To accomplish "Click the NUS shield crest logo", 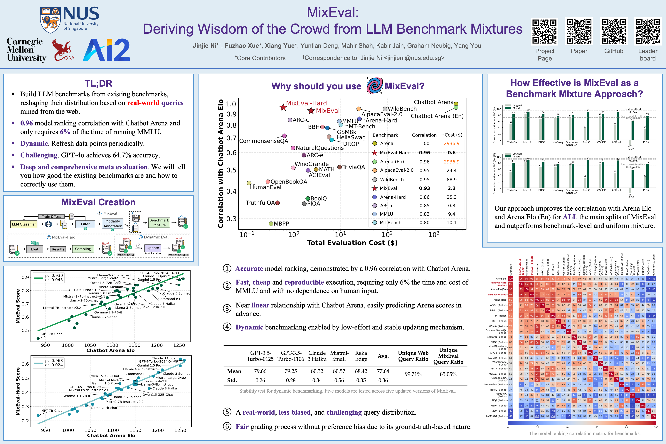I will tap(50, 20).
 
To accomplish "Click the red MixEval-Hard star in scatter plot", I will tap(283, 107).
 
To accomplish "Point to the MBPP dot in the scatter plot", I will tap(271, 224).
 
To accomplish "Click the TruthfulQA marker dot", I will tap(277, 203).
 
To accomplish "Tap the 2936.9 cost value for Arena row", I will tap(451, 144).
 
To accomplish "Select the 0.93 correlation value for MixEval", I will tap(424, 188).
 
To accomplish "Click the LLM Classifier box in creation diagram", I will tap(24, 224).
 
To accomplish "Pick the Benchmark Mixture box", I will tap(159, 223).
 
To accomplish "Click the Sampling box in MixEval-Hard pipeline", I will tap(83, 249).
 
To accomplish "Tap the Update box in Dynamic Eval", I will tap(153, 248).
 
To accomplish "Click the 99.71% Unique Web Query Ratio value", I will tap(413, 374).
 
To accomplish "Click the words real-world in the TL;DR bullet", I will tap(143, 103).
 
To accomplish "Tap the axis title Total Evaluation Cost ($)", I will tap(352, 243).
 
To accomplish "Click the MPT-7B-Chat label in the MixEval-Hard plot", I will tap(52, 411).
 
